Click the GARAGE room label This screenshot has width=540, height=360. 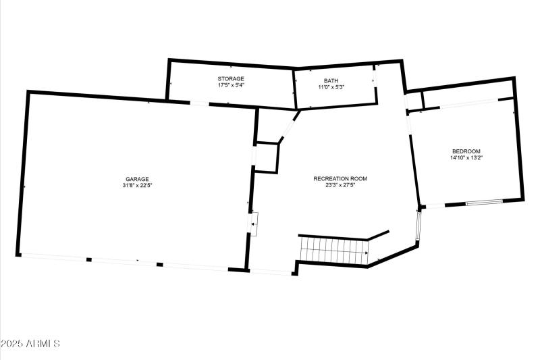[x=136, y=179]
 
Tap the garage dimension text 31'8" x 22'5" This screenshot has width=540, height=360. [x=136, y=186]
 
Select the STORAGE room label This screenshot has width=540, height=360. [x=230, y=79]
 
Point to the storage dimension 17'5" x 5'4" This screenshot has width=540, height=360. [x=230, y=86]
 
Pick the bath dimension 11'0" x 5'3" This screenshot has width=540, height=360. [x=331, y=87]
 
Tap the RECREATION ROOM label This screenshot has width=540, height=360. [x=340, y=178]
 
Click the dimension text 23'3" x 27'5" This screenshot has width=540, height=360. [x=340, y=185]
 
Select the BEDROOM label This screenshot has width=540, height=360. [x=466, y=151]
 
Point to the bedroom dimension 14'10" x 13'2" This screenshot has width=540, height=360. [x=466, y=157]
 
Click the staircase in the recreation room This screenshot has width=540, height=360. [x=333, y=251]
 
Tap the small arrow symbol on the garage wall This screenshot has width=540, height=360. [x=254, y=223]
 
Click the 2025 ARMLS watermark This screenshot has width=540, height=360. [x=30, y=344]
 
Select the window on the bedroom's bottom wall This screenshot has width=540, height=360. [x=484, y=202]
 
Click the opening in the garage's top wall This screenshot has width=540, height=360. [x=198, y=103]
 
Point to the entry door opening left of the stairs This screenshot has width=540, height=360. [x=271, y=272]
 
